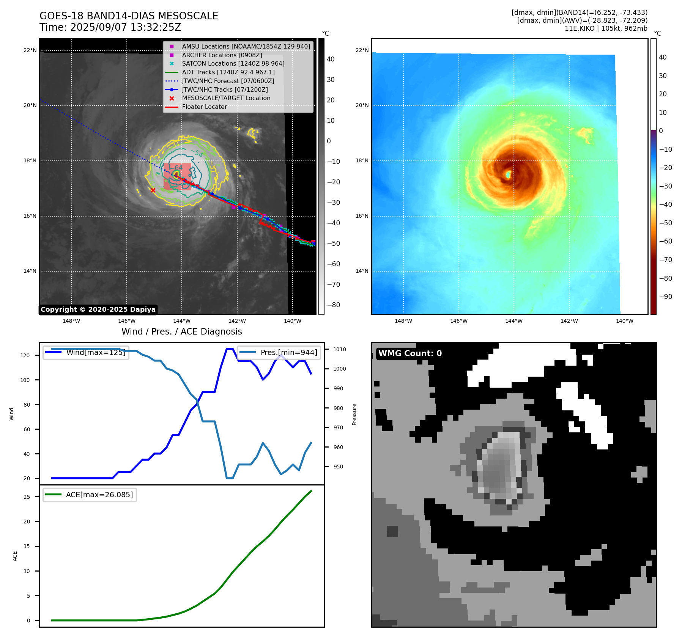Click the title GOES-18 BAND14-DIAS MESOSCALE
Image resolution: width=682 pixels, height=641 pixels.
[129, 16]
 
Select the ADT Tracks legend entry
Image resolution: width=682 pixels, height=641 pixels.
[228, 72]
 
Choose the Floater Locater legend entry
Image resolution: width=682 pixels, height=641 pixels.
[204, 107]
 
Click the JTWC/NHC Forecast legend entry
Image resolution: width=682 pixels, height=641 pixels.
[228, 81]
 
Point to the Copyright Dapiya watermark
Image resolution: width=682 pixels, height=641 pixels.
[98, 310]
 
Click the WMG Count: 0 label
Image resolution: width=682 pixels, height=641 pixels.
[410, 353]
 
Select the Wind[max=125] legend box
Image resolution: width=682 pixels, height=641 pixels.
[86, 352]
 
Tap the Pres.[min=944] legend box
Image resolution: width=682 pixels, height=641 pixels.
[279, 352]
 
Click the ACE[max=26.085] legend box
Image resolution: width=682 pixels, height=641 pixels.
[90, 495]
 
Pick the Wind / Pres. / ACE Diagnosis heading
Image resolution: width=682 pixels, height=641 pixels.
[181, 331]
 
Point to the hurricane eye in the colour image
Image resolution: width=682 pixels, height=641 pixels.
[508, 174]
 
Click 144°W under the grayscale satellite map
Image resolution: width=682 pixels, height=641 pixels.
[182, 321]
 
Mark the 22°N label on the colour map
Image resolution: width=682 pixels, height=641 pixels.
[362, 50]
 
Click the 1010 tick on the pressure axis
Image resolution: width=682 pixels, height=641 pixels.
[340, 349]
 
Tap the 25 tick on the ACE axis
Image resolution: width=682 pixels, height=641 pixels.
[27, 497]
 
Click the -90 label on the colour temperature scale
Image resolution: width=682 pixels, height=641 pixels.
[665, 297]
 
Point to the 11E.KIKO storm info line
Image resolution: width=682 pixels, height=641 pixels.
[606, 28]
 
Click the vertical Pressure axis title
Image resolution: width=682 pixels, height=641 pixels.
[354, 414]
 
